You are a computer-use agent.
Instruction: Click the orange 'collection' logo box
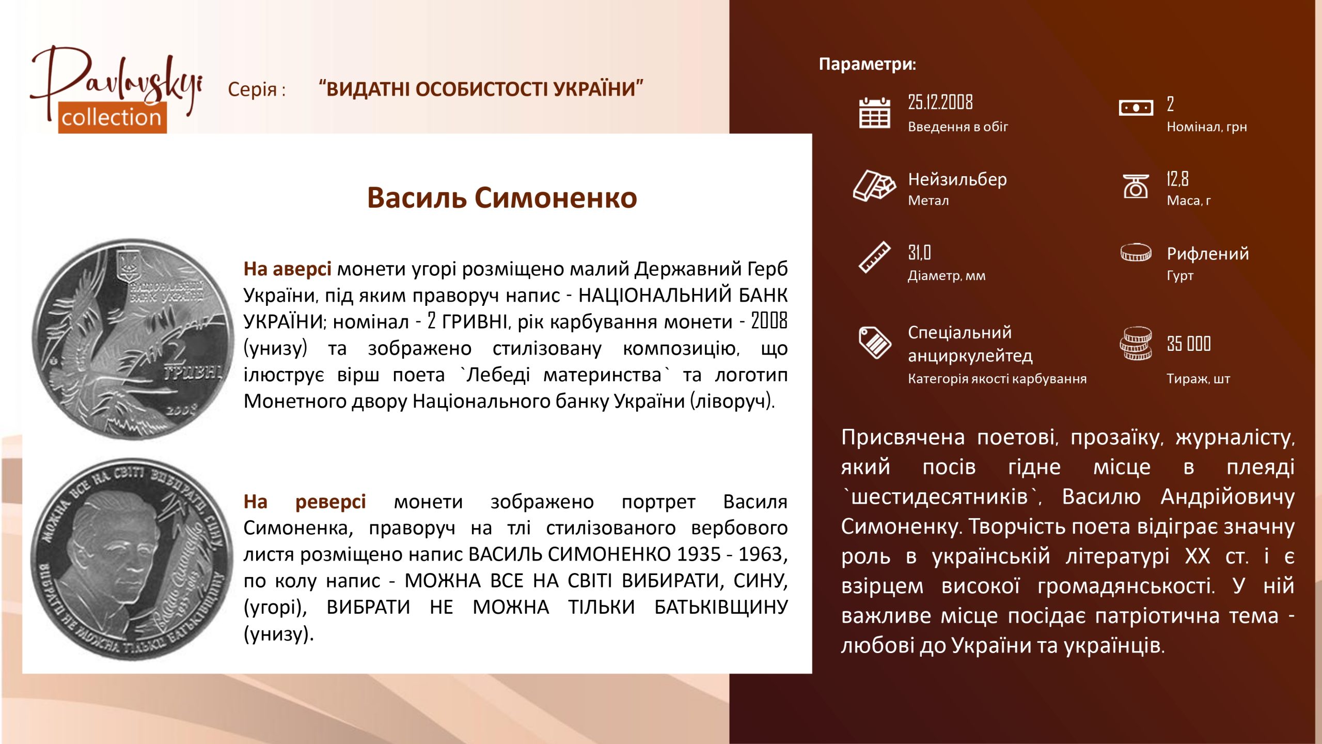coord(112,118)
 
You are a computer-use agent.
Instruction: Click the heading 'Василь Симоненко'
coord(502,198)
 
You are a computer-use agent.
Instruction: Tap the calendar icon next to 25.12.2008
coord(874,112)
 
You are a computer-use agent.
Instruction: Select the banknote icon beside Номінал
coord(1136,107)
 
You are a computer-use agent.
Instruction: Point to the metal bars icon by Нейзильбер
coord(874,185)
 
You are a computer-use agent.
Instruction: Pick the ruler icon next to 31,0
coord(874,257)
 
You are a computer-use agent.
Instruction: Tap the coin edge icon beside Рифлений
coord(1136,253)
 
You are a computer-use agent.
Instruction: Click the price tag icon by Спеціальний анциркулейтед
coord(874,342)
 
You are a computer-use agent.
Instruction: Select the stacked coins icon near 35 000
coord(1136,343)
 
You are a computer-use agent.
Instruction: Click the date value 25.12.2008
coord(940,102)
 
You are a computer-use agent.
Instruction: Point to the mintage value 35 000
coord(1189,344)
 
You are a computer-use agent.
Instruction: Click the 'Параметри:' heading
coord(868,64)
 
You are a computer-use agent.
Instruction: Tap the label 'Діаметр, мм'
coord(947,276)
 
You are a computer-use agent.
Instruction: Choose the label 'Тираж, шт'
coord(1198,379)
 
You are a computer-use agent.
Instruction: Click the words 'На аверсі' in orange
coord(287,269)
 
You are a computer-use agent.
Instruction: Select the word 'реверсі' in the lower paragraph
coord(330,502)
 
